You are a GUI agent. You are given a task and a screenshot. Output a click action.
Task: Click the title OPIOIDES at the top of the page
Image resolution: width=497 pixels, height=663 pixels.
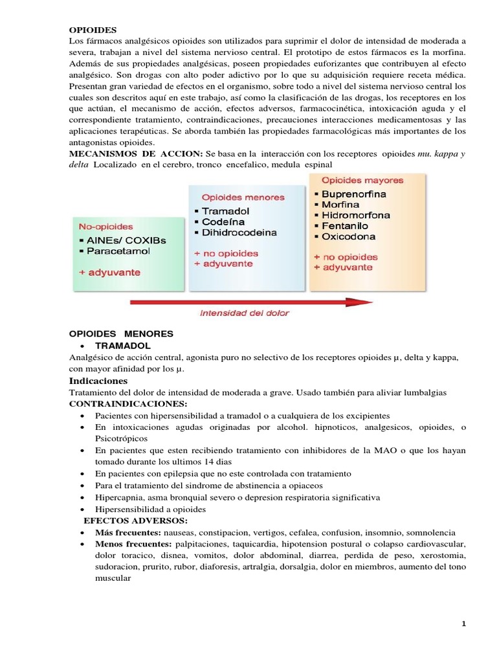[x=94, y=30]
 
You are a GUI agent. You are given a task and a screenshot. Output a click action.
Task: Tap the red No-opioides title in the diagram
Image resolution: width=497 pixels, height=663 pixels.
[x=105, y=227]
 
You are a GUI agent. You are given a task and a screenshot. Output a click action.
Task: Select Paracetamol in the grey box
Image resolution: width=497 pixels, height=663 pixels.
[x=115, y=251]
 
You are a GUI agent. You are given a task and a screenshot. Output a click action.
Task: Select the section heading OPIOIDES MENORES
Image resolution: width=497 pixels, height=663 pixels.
[x=121, y=333]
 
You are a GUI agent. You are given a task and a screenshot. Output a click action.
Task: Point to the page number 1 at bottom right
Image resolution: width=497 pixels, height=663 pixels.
[x=464, y=624]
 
